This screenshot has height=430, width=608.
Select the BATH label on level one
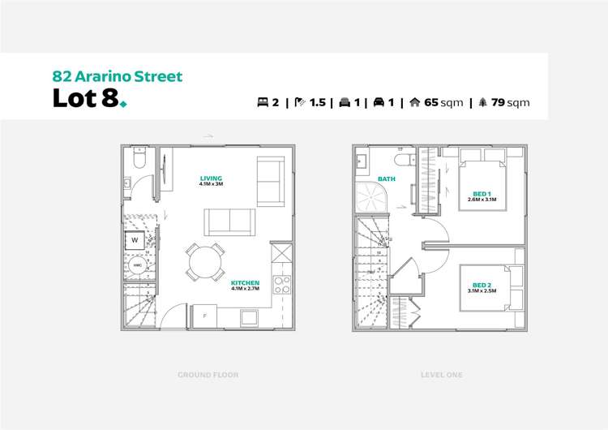click(x=387, y=178)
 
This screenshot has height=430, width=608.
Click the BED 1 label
click(x=482, y=194)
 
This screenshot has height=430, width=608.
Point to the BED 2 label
click(x=481, y=285)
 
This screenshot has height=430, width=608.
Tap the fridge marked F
click(x=204, y=316)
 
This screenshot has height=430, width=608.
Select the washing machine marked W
click(x=136, y=240)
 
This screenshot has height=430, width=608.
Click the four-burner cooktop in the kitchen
click(x=282, y=285)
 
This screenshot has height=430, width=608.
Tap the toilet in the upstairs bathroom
click(x=401, y=156)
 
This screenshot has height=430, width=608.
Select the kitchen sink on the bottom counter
click(x=281, y=254)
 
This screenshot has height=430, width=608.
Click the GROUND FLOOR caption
click(x=208, y=375)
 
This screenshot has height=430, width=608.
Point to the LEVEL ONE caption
click(x=442, y=375)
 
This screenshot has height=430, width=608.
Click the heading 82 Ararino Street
click(x=118, y=76)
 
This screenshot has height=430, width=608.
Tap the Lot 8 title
click(x=85, y=98)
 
